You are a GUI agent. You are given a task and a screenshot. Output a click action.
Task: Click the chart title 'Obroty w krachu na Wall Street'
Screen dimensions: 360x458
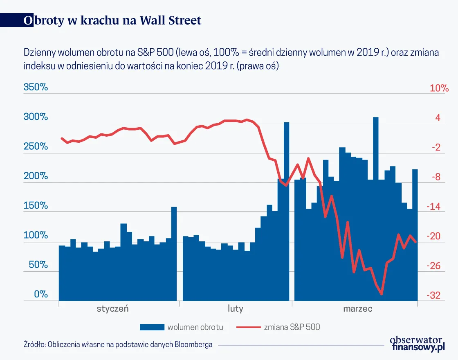112,20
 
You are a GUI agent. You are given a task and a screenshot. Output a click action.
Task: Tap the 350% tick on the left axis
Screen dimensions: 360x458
36,88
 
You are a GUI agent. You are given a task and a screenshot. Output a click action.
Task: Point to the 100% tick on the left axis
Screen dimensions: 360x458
36,236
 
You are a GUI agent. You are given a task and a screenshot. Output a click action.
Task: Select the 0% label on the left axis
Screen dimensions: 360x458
41,295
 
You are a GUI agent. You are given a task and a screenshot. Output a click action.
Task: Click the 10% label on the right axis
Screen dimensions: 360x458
439,88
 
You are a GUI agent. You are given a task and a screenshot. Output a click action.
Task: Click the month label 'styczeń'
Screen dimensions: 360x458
112,308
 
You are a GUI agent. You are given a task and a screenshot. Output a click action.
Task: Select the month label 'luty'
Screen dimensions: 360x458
236,308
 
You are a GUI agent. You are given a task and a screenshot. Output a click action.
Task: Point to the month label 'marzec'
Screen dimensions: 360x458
357,308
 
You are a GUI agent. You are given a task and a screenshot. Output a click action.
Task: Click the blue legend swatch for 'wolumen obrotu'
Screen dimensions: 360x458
151,327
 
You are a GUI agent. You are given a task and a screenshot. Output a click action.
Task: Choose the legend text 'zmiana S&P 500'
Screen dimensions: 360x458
292,327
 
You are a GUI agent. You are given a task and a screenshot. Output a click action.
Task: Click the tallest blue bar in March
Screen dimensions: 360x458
375,209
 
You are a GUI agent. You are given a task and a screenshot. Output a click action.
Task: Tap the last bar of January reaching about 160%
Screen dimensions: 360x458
174,254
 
